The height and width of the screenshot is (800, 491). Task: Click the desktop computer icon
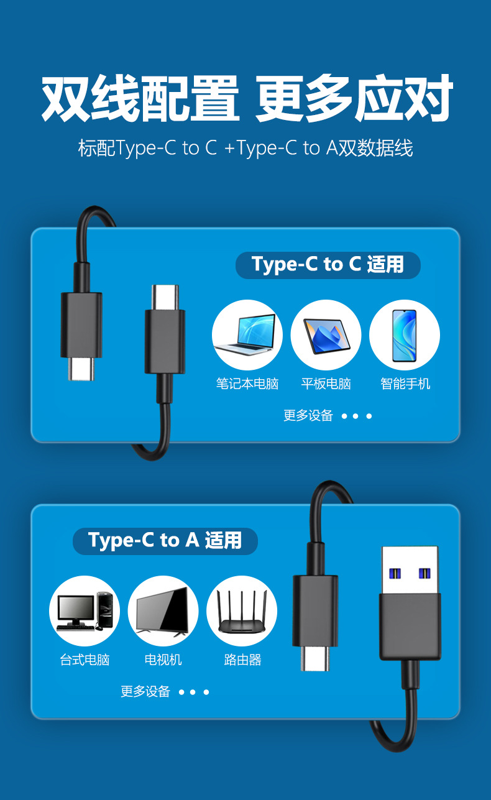click(85, 610)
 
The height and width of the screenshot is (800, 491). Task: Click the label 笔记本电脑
click(247, 384)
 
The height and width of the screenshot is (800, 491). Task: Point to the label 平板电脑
click(326, 384)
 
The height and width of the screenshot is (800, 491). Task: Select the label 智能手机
click(405, 384)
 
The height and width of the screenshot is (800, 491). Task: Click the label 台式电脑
click(85, 660)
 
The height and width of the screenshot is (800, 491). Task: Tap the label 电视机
click(163, 660)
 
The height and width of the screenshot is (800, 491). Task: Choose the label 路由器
click(243, 660)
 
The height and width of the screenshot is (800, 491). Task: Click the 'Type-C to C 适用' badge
click(328, 265)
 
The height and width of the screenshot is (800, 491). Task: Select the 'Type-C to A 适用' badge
click(165, 541)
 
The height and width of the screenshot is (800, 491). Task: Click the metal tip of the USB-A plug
click(410, 570)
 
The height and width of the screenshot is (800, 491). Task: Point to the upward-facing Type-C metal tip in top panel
click(165, 298)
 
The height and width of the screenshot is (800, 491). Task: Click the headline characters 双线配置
click(140, 98)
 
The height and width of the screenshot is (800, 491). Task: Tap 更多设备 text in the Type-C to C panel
click(308, 415)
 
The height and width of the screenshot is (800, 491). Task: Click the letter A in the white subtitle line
click(332, 148)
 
